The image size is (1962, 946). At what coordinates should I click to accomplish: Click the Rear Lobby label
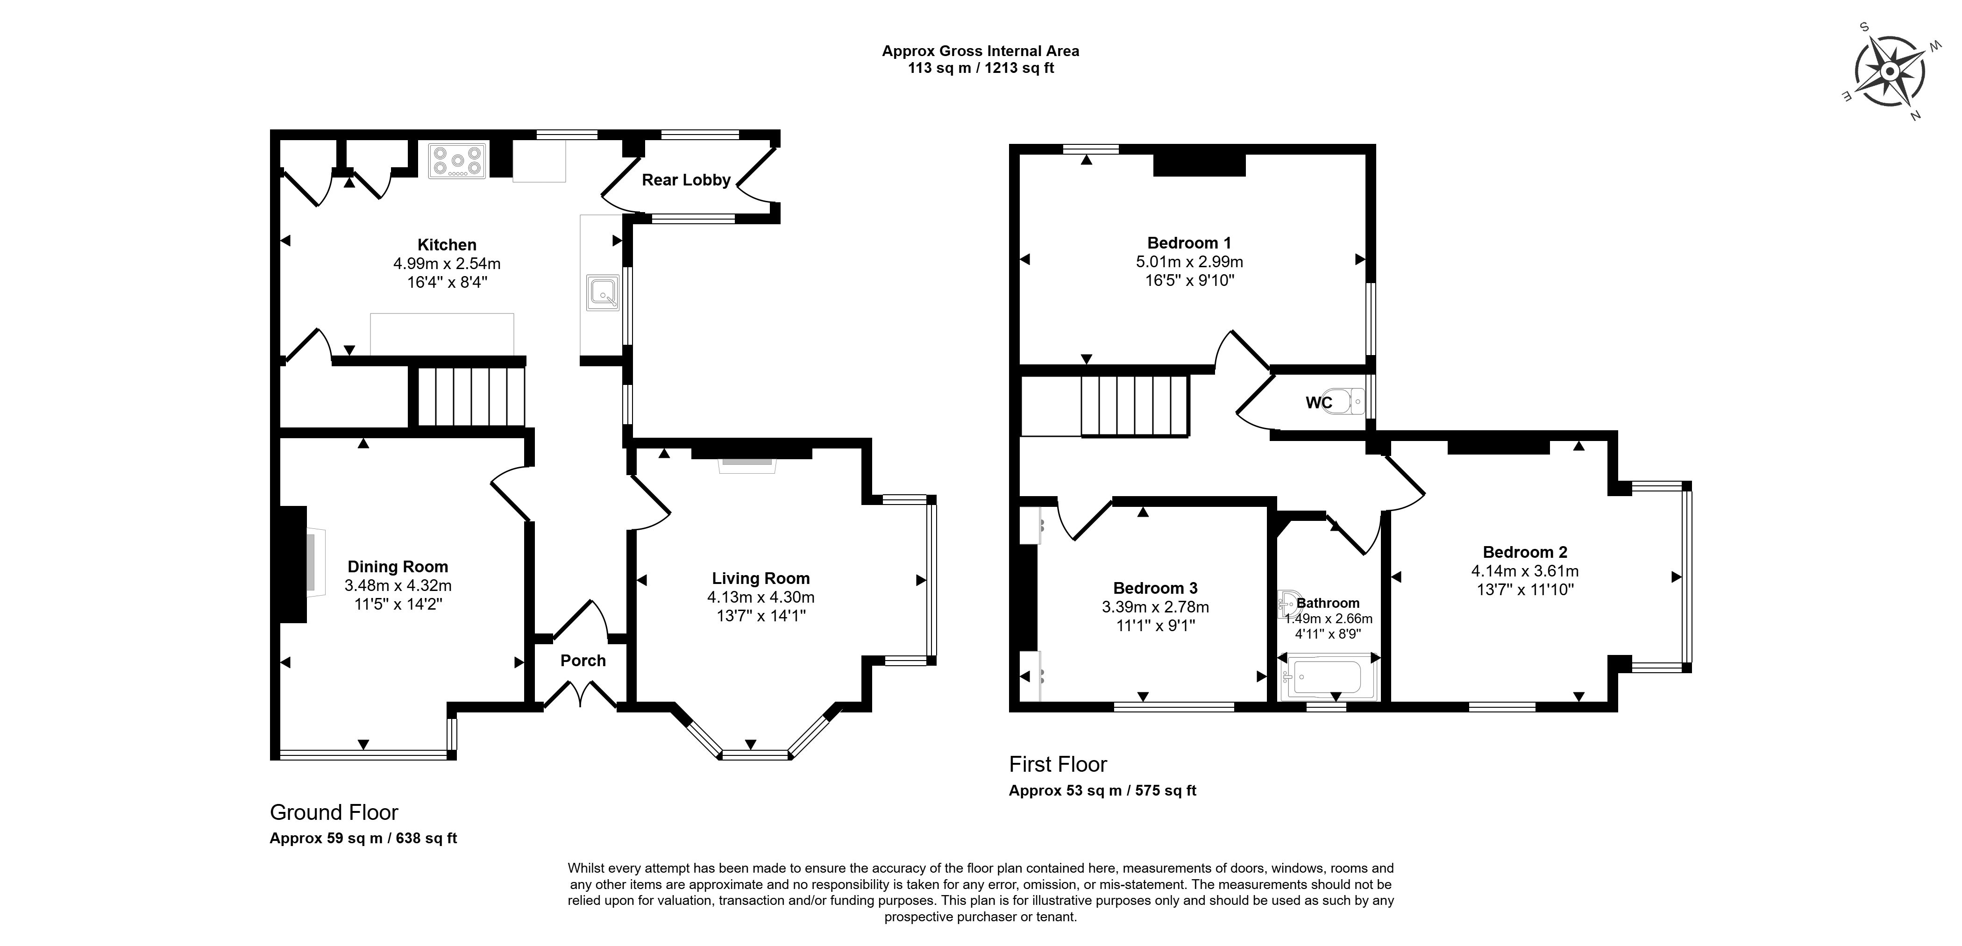(686, 180)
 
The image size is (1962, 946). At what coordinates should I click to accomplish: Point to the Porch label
(583, 661)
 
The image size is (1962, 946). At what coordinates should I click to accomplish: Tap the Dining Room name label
(398, 567)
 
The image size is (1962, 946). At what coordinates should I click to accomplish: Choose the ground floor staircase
(471, 397)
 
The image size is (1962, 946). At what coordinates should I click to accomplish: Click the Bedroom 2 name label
(1525, 552)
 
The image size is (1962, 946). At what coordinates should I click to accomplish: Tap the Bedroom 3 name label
(1155, 588)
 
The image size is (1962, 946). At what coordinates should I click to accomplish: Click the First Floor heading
(1058, 764)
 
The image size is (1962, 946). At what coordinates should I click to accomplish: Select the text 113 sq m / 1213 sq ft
(981, 68)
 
